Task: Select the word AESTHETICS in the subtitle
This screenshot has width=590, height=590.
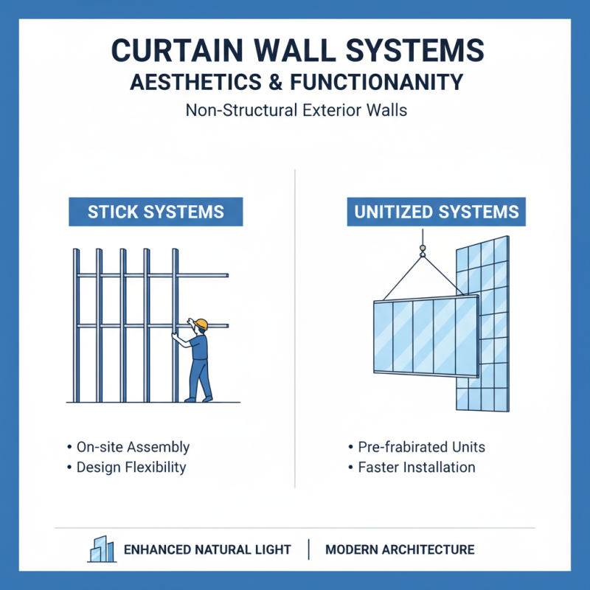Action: pyautogui.click(x=190, y=82)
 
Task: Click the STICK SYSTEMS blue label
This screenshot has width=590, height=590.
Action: pyautogui.click(x=156, y=212)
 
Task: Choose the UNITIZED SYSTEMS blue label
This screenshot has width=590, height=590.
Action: pyautogui.click(x=437, y=212)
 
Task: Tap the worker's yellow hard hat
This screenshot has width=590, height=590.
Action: pyautogui.click(x=201, y=324)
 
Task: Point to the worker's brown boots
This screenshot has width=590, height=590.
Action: pyautogui.click(x=199, y=399)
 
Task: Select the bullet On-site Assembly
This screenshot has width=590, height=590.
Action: pyautogui.click(x=133, y=447)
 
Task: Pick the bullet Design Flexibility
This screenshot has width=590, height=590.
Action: pyautogui.click(x=131, y=467)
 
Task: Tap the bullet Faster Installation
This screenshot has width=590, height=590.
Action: pyautogui.click(x=416, y=467)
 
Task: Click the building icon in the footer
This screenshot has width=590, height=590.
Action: pyautogui.click(x=101, y=549)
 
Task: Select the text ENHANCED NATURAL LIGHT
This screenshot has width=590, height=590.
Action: pyautogui.click(x=207, y=549)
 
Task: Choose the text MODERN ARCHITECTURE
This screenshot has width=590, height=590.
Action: pyautogui.click(x=400, y=549)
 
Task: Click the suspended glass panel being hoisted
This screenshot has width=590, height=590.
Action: pyautogui.click(x=425, y=336)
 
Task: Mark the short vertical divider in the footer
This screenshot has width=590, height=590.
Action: pyautogui.click(x=309, y=549)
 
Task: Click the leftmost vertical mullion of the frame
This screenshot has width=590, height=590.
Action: pyautogui.click(x=76, y=324)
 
